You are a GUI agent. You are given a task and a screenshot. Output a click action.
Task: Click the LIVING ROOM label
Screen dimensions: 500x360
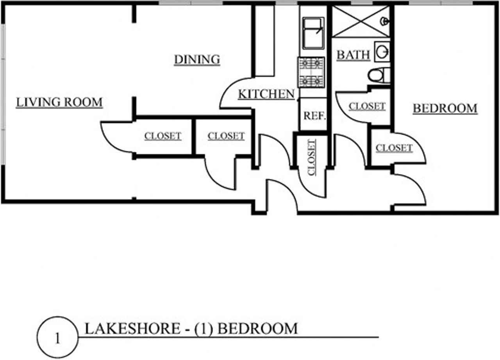pos(59,102)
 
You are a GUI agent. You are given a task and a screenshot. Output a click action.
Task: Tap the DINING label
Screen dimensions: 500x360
pos(197,60)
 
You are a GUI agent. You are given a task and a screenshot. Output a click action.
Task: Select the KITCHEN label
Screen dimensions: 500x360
pos(266,94)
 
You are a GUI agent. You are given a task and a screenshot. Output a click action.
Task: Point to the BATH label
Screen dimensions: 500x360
pos(354,55)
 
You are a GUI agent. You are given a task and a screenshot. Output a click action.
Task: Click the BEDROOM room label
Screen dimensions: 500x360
pos(445,109)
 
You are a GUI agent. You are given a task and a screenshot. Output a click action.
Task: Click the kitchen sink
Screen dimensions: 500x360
pos(313,33)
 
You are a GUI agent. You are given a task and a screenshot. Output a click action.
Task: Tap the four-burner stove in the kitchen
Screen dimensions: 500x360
pos(311,72)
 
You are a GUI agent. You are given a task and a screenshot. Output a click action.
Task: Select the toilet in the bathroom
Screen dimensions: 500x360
pos(379,75)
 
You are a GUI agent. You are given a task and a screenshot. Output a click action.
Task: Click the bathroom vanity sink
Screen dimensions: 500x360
pos(382,52)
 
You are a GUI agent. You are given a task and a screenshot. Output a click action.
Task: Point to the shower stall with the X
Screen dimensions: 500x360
pos(361,21)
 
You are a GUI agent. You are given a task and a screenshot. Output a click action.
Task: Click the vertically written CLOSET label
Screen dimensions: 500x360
pos(312,157)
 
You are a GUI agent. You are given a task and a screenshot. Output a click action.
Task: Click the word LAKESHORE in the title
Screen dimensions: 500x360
pos(132,328)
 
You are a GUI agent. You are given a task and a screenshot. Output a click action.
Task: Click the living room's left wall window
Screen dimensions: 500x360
pos(3,94)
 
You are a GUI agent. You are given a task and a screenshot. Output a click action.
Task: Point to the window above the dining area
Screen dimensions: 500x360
pos(191,3)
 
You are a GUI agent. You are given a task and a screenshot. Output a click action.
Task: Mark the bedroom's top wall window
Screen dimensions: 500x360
pos(441,3)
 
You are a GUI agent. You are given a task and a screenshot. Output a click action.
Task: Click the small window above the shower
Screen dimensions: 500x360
pos(362,3)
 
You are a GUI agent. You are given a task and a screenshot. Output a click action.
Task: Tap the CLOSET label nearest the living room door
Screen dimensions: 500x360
pos(163,136)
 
